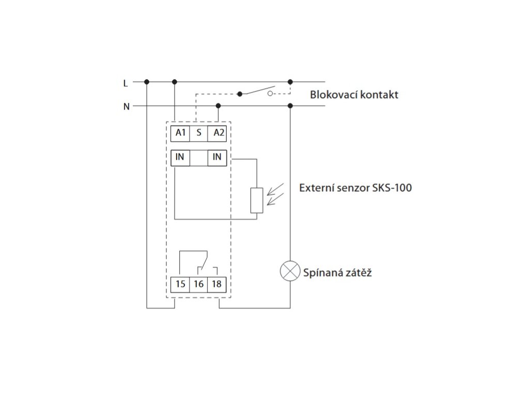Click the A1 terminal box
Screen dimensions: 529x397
coord(180,133)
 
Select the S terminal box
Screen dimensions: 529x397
coord(199,133)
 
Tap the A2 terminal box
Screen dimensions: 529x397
coord(217,133)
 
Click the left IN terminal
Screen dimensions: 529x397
coord(180,157)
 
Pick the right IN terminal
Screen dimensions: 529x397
coord(217,157)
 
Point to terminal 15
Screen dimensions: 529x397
coord(180,284)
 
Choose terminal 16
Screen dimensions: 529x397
coord(199,284)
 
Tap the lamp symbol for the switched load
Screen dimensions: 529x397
coord(290,271)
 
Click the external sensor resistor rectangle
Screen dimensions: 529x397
coord(256,201)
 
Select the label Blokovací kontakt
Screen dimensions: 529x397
coord(354,95)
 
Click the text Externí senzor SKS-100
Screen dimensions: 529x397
coord(355,188)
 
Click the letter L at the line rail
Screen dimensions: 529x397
coord(126,82)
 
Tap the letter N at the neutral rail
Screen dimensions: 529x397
coord(126,106)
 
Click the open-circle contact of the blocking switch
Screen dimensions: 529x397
coord(270,94)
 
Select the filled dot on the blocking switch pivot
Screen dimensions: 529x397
coord(239,94)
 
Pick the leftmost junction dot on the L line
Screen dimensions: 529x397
coord(147,82)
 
